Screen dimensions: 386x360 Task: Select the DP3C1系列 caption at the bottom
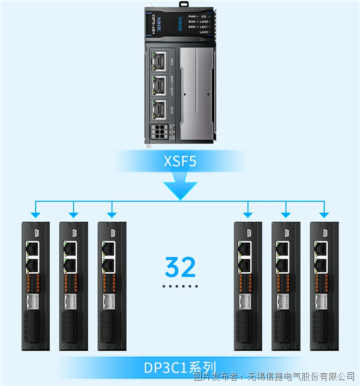pos(180,367)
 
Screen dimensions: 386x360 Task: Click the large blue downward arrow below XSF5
pos(180,187)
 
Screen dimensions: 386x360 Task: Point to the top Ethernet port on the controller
pos(160,60)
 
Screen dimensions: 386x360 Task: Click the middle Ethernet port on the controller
pos(160,85)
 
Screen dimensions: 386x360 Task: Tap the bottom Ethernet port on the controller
pos(160,109)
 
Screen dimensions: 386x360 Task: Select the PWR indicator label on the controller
pos(192,16)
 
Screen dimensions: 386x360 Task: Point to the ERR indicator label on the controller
pos(191,27)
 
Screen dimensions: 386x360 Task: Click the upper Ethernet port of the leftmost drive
pos(31,247)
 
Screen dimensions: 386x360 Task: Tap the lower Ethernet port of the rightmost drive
pos(320,261)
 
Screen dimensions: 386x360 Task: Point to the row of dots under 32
pos(180,287)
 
